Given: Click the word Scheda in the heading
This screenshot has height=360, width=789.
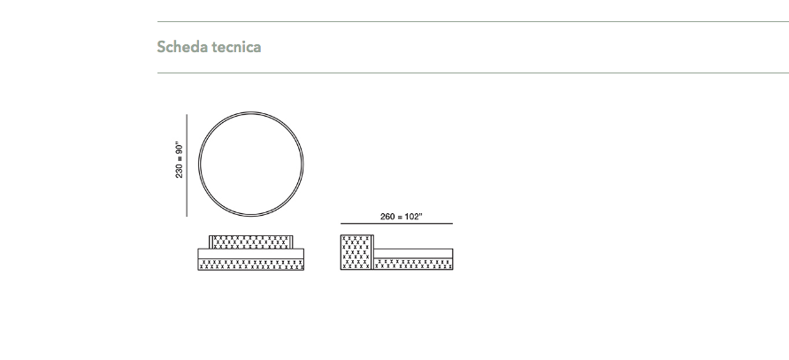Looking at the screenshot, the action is pyautogui.click(x=182, y=47).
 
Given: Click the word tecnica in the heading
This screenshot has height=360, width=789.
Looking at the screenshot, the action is pyautogui.click(x=236, y=47).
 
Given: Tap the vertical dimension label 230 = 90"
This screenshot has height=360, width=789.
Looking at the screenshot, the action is pyautogui.click(x=180, y=160).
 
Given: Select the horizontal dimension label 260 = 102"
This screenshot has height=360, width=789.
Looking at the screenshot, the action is pyautogui.click(x=401, y=217).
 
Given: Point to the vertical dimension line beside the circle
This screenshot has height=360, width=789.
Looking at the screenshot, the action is pyautogui.click(x=188, y=165).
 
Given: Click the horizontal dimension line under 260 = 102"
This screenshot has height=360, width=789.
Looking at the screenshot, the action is pyautogui.click(x=396, y=223).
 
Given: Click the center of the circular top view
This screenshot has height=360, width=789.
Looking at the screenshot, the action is pyautogui.click(x=251, y=165).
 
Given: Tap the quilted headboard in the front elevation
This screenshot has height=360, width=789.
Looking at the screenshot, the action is pyautogui.click(x=250, y=242).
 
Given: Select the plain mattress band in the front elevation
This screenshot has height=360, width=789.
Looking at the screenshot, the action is pyautogui.click(x=250, y=254).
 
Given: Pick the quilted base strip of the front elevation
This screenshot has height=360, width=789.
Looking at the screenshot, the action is pyautogui.click(x=250, y=264).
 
